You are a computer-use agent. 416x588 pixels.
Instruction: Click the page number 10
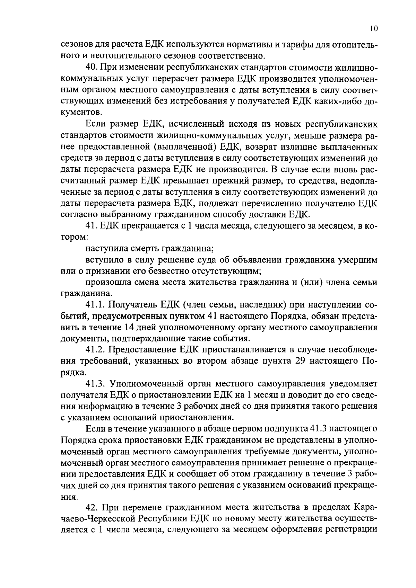click(373, 29)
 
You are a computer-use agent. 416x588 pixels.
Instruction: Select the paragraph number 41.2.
click(96, 350)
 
